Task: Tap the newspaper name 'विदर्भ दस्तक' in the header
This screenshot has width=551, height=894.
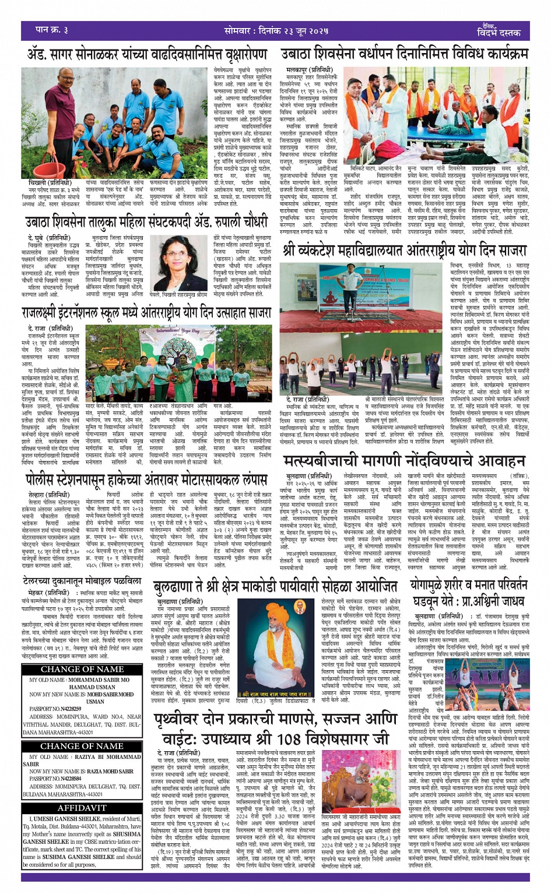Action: pos(499,33)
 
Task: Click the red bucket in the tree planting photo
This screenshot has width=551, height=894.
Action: pos(52,165)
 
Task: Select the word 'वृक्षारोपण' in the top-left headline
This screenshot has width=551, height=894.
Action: pos(236,55)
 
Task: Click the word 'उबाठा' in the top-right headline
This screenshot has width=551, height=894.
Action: pos(301,55)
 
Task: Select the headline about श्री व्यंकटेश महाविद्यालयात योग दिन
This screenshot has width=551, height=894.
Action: pos(405,252)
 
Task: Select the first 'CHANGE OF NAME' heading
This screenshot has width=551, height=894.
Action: pos(82,669)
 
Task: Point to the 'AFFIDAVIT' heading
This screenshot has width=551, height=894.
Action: pos(82,808)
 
